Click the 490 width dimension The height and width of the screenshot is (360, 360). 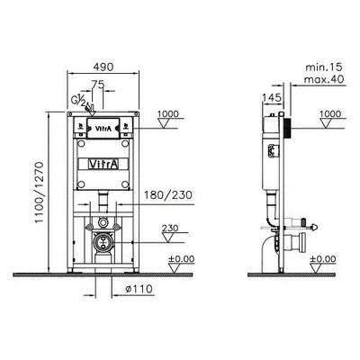[x=103, y=67]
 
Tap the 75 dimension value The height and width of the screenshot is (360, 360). [x=97, y=85]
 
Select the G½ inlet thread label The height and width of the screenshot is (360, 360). [x=78, y=100]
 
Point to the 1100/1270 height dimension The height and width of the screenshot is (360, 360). [x=40, y=193]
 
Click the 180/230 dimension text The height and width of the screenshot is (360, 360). [x=168, y=195]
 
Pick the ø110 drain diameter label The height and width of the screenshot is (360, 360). [x=139, y=289]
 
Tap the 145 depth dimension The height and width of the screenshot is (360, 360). [x=272, y=97]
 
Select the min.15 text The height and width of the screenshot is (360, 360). [x=324, y=67]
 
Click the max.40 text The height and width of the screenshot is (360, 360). [x=324, y=79]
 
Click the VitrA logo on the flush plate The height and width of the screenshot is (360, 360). [x=103, y=129]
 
